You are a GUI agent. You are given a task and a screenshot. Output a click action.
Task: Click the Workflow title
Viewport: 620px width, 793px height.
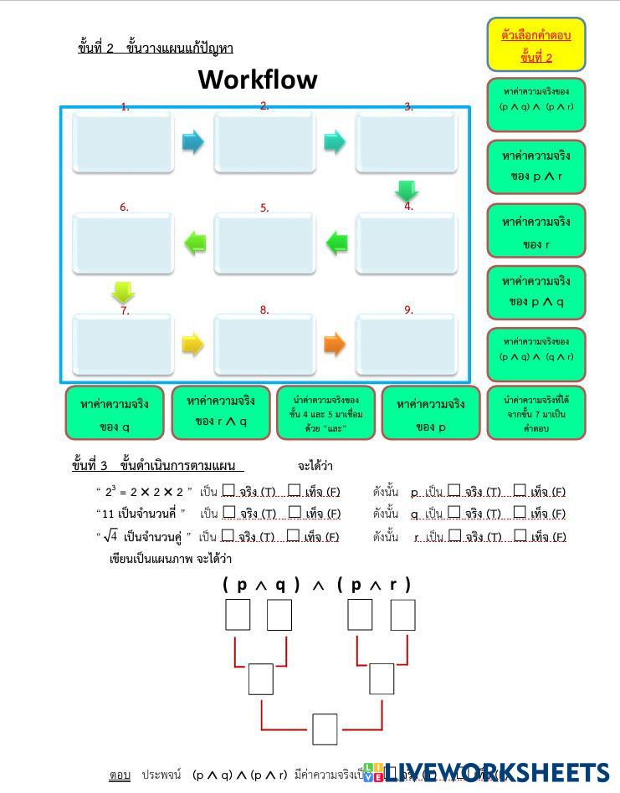[x=258, y=80]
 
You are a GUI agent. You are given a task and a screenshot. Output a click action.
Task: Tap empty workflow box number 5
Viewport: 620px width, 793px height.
[x=264, y=243]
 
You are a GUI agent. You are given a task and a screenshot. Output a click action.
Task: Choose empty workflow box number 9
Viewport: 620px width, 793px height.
[x=407, y=345]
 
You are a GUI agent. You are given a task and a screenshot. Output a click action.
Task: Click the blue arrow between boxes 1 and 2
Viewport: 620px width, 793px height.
[x=192, y=141]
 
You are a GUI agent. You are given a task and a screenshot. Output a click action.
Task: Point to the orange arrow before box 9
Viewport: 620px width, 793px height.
[x=334, y=344]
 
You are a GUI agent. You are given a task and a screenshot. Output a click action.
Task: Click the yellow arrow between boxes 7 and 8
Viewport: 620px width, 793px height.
[x=192, y=344]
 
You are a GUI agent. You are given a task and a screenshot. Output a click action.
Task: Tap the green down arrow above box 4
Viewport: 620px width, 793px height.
[x=407, y=191]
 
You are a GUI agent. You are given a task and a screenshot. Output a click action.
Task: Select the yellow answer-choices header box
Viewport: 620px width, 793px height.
[x=536, y=45]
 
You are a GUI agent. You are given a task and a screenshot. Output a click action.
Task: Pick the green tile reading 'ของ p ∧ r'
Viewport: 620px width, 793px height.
[x=536, y=166]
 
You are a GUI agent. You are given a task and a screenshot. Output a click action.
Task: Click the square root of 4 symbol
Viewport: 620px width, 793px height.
[x=110, y=536]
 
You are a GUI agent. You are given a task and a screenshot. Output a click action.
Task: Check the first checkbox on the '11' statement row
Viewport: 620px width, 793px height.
[x=228, y=513]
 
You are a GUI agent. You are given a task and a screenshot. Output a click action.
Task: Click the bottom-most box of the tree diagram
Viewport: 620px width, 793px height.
[x=325, y=729]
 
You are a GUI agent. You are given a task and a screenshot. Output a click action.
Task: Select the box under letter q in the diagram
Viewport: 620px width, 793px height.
[x=279, y=615]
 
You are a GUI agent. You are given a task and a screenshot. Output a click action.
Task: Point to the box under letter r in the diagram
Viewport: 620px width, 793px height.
[x=402, y=615]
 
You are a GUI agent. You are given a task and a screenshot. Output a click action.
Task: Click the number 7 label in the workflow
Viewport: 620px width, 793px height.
[x=125, y=310]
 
